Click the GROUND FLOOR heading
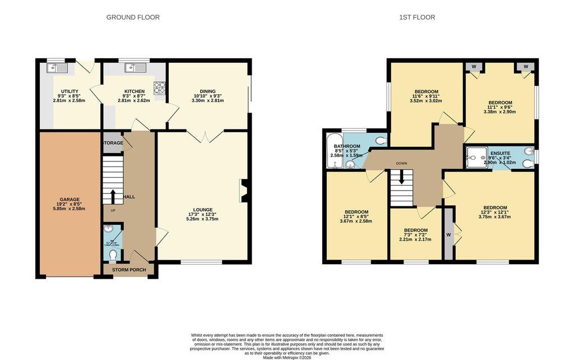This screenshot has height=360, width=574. coord(133,17)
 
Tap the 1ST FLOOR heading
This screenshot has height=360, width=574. coord(416,17)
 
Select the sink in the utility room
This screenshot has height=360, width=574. coord(58,68)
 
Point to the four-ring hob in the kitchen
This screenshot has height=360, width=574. coord(160,87)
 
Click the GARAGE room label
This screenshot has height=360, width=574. coord(70,200)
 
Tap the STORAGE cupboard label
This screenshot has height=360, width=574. coord(112,144)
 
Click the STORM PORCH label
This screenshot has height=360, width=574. coord(129,270)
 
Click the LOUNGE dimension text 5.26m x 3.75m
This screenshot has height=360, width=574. coord(203,219)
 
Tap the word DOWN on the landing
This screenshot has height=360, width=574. coord(401,164)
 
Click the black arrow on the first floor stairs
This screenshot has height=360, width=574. coord(401,178)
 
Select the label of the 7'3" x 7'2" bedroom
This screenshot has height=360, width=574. coord(415,230)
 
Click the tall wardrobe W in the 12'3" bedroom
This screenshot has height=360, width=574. coord(448,234)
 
